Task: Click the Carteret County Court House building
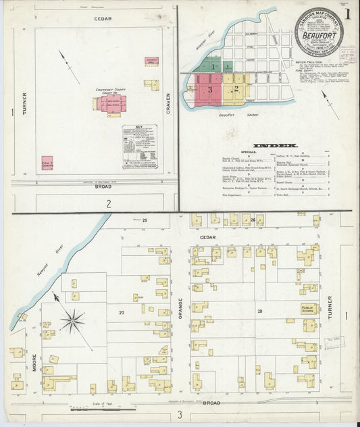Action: coord(111,103)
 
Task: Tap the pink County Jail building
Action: coord(151,61)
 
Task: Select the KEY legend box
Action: coord(140,147)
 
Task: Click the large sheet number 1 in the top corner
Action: coord(347,13)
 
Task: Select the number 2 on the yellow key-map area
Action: coord(236,88)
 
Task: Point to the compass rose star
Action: coord(72,321)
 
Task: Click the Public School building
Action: coord(309,309)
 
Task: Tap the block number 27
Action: coord(122,312)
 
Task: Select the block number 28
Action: coord(259,311)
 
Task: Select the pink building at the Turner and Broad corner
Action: coord(47,162)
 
